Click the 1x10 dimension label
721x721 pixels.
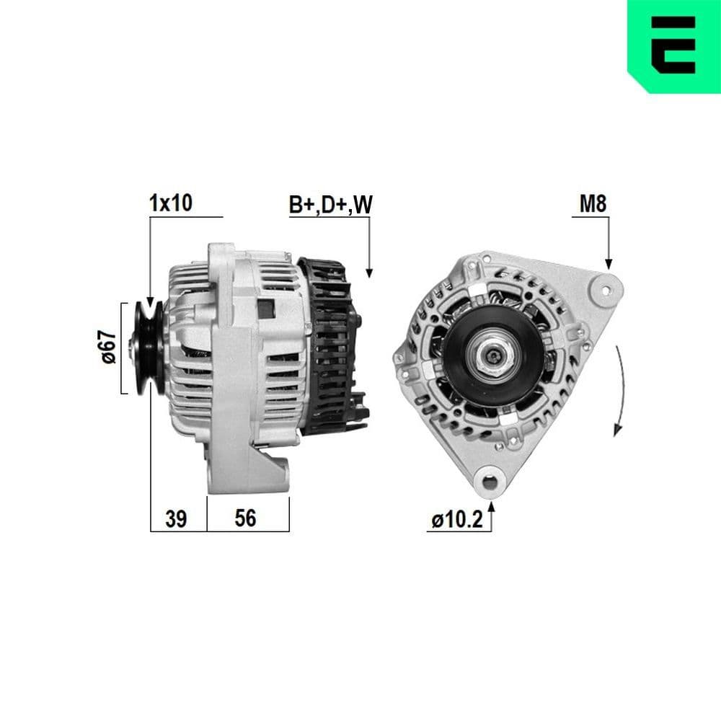point(171,203)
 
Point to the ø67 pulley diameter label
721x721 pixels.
point(108,348)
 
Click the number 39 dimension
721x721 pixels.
point(177,518)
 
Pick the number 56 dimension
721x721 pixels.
point(246,518)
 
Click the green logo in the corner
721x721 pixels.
point(674,45)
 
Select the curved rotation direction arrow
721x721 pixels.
point(619,389)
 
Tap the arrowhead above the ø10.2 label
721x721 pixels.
point(492,508)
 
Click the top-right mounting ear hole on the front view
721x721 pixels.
point(606,289)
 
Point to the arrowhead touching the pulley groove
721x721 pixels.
point(151,303)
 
